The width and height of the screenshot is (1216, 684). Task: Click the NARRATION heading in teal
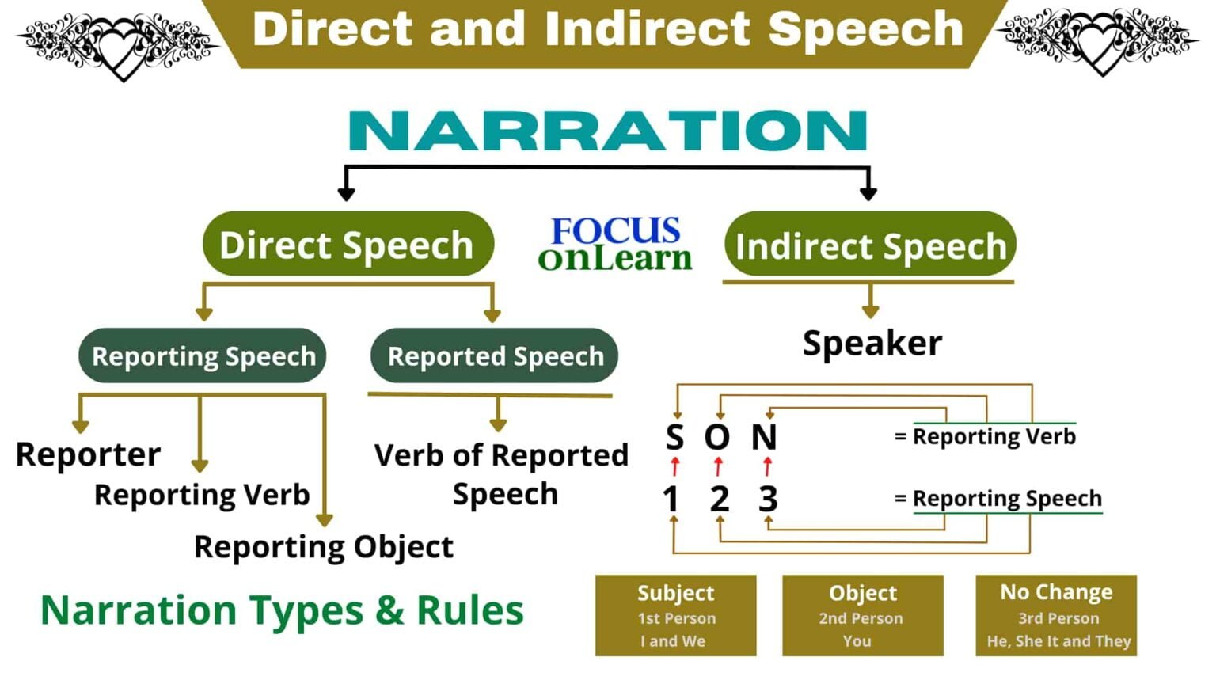[608, 131]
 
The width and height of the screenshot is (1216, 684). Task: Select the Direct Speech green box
[348, 245]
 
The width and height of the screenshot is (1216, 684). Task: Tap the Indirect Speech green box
[869, 245]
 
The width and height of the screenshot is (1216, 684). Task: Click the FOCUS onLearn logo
[615, 244]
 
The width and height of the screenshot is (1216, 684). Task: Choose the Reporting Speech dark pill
[203, 356]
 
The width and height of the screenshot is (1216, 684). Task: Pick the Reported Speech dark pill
[495, 356]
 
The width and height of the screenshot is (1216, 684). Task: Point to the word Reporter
[88, 454]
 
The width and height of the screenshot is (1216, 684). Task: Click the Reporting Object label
[323, 547]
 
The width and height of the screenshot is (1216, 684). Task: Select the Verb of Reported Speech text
[502, 473]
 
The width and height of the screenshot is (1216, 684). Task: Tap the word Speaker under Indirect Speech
[872, 344]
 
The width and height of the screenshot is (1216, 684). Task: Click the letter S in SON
[674, 437]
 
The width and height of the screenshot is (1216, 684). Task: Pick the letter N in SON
[764, 437]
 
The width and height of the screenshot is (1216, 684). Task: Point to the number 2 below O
[719, 499]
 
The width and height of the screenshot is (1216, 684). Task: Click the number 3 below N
[767, 499]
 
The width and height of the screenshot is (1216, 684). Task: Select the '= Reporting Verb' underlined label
[986, 436]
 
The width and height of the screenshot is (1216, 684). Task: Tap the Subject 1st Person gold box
[675, 616]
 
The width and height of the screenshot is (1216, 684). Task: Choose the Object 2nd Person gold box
[862, 616]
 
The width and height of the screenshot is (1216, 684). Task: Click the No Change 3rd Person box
[1056, 616]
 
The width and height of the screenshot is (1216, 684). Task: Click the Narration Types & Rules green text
[282, 610]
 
